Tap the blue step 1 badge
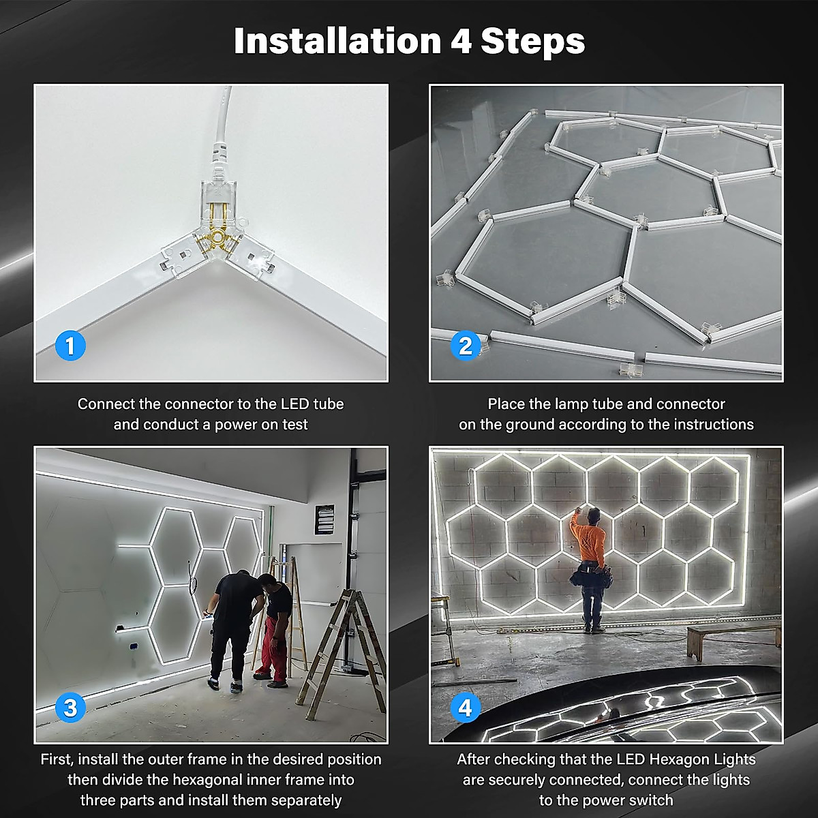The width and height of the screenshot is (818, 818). (x=70, y=346)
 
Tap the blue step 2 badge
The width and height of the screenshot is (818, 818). (x=466, y=346)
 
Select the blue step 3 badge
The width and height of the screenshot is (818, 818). (x=70, y=708)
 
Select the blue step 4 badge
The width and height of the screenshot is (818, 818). (x=466, y=708)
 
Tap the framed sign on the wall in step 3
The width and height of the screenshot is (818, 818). (x=324, y=519)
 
